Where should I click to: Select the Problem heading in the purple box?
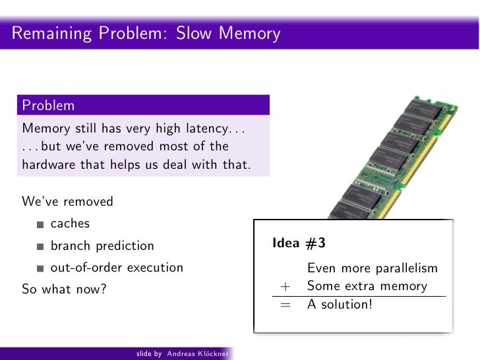pos(48,105)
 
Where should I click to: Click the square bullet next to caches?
pos(41,225)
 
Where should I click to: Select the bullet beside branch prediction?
pos(41,247)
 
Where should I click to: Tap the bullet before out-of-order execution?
pos(41,269)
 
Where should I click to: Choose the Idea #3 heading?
pos(299,243)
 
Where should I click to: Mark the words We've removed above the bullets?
pos(68,201)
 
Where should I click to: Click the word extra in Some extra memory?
pos(361,287)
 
